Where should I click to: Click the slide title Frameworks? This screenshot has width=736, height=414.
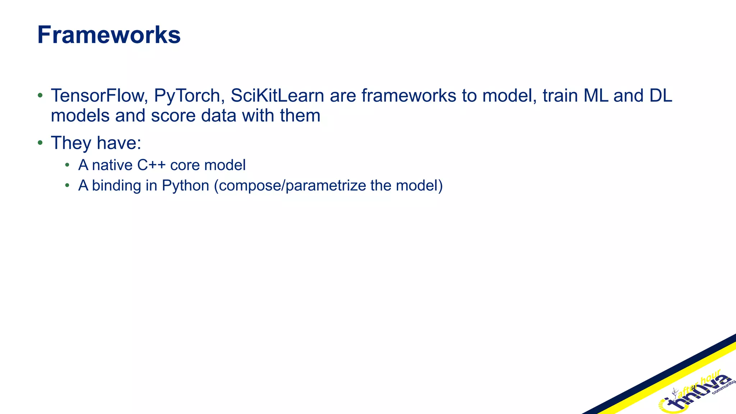coord(109,35)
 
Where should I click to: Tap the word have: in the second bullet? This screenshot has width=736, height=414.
coord(119,143)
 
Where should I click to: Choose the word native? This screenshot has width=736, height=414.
coord(112,165)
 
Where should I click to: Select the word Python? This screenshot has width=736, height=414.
coord(185,186)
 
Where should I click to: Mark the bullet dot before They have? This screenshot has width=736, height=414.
coord(40,143)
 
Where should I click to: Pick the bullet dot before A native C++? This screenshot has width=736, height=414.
coord(67,165)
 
